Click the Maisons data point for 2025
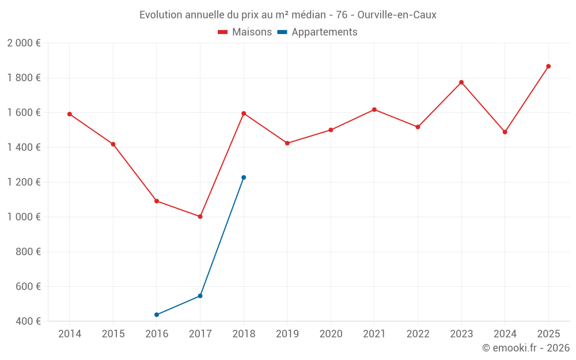548,66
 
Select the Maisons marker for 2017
200,217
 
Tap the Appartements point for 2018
244,177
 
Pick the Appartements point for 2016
157,314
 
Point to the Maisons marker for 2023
461,82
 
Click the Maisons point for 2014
70,114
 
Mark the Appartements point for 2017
200,296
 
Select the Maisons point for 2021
374,109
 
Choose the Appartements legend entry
324,32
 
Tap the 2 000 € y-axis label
24,43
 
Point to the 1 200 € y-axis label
24,182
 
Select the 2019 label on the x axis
287,334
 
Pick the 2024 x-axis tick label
505,334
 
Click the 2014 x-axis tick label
70,334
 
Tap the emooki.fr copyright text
526,348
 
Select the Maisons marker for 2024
505,132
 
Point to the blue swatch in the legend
282,32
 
